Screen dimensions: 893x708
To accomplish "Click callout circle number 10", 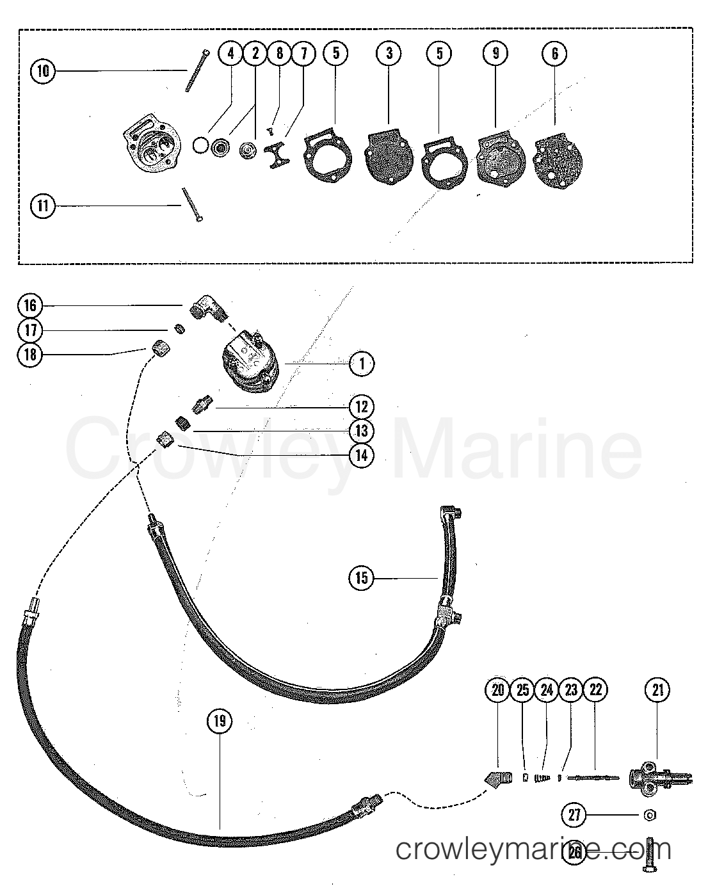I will click(43, 70).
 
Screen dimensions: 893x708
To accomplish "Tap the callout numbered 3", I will click(389, 54).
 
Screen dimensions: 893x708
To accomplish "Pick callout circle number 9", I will click(495, 54).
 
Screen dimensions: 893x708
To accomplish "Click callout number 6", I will click(554, 54).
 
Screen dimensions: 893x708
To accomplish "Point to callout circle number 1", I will click(362, 364).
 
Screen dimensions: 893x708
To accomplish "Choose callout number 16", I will click(31, 307).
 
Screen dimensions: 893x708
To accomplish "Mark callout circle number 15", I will click(362, 578).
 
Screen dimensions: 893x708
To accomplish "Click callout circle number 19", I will click(220, 721).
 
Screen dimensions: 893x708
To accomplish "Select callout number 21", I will click(659, 689).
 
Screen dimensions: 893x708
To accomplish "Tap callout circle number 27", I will click(574, 815).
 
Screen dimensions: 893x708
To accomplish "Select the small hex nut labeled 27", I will click(648, 815).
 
